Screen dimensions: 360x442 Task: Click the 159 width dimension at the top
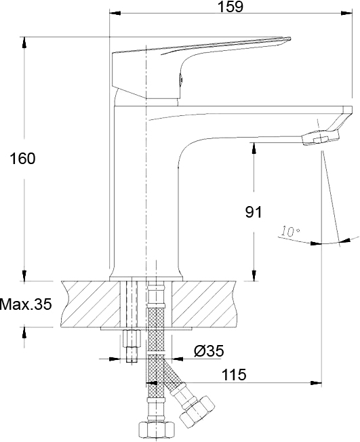click(x=231, y=7)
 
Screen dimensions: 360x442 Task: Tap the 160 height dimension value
click(x=22, y=159)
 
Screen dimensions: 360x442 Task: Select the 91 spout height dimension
click(x=254, y=212)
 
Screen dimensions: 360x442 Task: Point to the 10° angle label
click(x=290, y=231)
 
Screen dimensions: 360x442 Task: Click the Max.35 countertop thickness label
click(x=26, y=304)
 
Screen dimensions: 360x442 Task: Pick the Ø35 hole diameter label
click(x=209, y=351)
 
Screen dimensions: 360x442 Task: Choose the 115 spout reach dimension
click(x=234, y=375)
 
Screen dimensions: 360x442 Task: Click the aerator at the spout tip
click(x=320, y=138)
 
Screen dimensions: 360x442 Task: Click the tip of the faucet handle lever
click(x=290, y=38)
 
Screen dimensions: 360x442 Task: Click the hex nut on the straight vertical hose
click(x=157, y=431)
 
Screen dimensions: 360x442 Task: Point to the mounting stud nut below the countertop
click(x=132, y=338)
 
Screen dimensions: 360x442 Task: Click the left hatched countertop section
click(x=91, y=304)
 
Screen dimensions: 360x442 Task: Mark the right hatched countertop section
click(x=203, y=304)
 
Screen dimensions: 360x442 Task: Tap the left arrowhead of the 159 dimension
click(x=115, y=13)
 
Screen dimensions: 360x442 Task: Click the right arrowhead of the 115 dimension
click(x=316, y=383)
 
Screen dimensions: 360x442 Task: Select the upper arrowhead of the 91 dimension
click(x=254, y=148)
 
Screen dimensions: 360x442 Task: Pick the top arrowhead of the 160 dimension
click(x=24, y=42)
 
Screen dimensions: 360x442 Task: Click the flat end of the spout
click(x=348, y=110)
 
